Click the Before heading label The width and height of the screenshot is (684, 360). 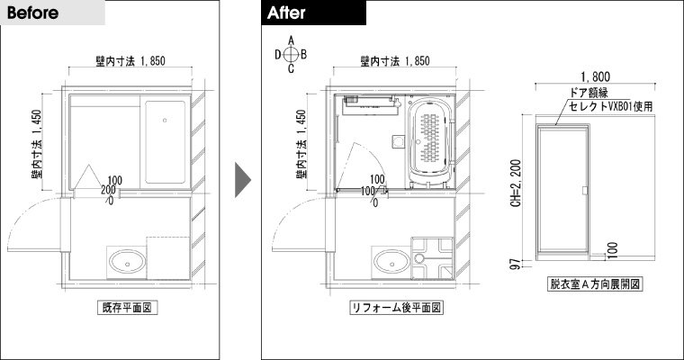coord(32,13)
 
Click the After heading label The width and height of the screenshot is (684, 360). coord(286,13)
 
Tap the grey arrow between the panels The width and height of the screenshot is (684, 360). coord(243,180)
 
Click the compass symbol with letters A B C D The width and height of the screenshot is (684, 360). coord(291,55)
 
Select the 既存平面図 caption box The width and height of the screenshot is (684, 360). coord(127,307)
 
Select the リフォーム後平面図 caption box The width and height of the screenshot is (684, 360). coord(396,307)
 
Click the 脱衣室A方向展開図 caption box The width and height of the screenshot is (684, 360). coord(595,284)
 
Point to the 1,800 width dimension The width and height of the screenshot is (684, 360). coord(596,77)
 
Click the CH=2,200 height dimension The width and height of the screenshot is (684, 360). coord(516,183)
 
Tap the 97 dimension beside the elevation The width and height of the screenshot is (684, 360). coord(516,265)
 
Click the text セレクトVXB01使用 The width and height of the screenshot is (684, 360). coord(611,106)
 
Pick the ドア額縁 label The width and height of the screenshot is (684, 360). coord(589,92)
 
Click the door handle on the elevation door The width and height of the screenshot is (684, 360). coord(584,190)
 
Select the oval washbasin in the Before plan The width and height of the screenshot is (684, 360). coord(128,262)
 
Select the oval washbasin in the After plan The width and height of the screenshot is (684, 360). coord(391,262)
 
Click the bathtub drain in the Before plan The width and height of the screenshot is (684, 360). coord(165,120)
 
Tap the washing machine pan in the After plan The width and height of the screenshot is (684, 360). coord(433,258)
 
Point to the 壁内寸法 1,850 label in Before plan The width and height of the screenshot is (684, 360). coord(130,61)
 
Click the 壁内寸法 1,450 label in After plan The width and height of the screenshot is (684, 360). coord(301,144)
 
